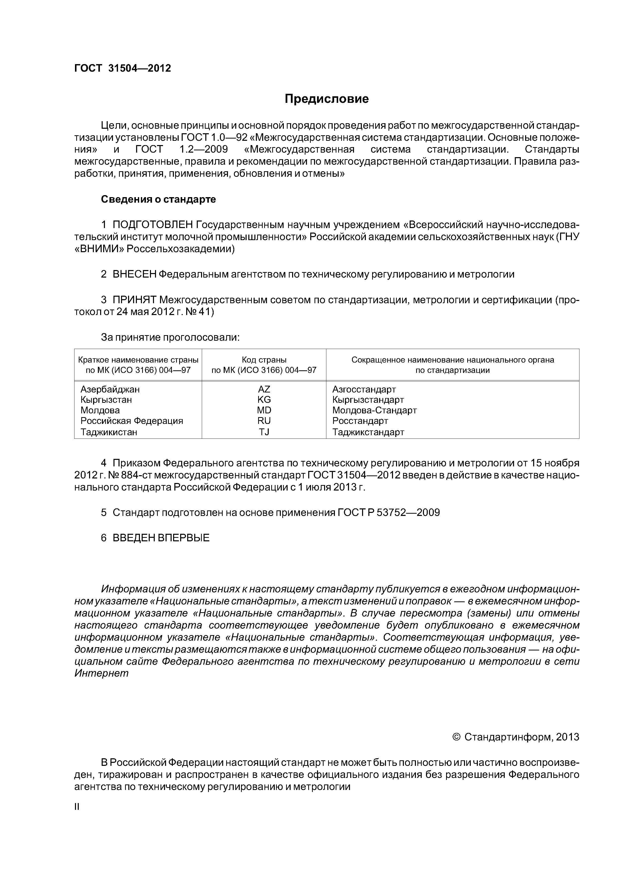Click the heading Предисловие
pos(326,99)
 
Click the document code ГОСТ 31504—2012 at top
pos(122,68)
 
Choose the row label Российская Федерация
pos(132,421)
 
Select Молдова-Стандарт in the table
pos(374,410)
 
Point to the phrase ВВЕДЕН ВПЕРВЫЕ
pos(161,538)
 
